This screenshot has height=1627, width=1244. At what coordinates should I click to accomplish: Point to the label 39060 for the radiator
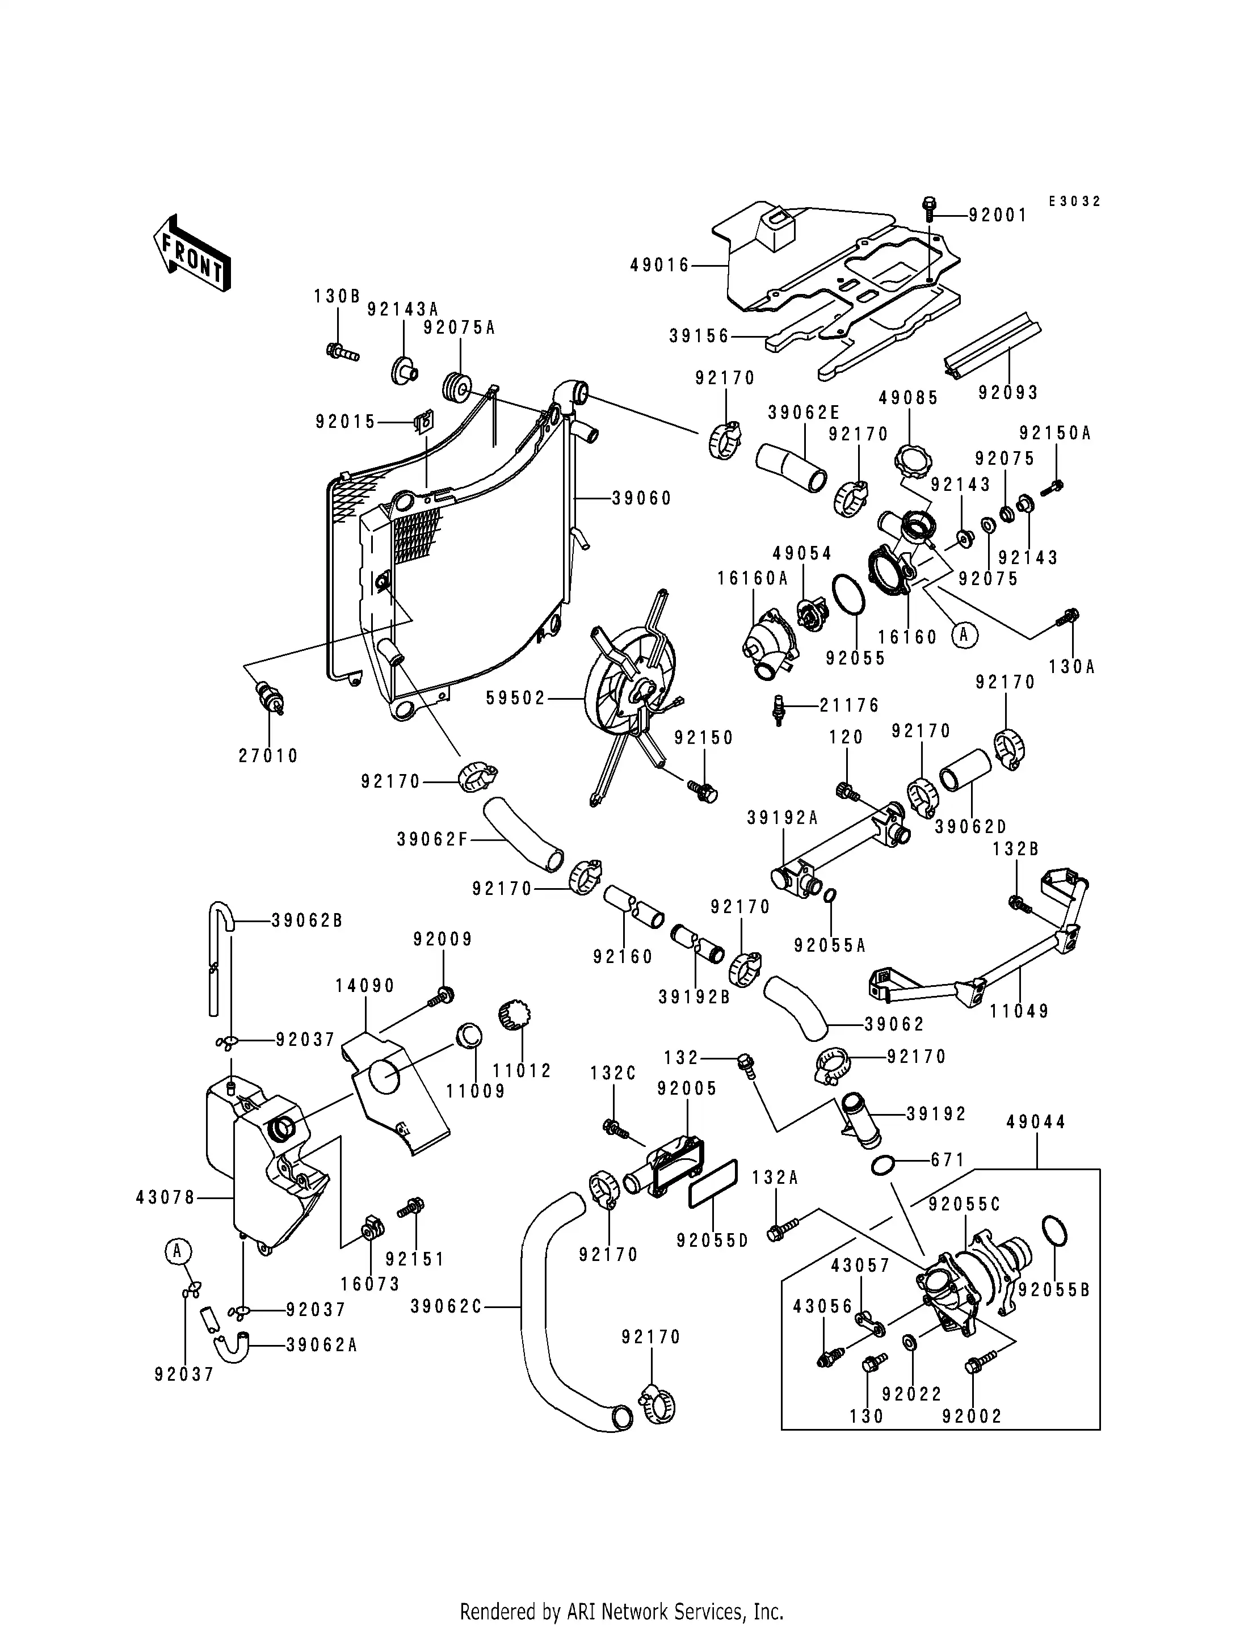tap(642, 498)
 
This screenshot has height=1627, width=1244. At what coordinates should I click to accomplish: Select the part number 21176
tap(850, 706)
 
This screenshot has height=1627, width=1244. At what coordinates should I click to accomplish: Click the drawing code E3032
tap(1074, 201)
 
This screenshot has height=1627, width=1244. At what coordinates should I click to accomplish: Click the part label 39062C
tap(447, 1307)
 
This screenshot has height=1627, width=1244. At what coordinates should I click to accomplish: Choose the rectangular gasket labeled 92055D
tap(712, 1187)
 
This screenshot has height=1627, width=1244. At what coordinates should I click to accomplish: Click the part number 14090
tap(365, 986)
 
